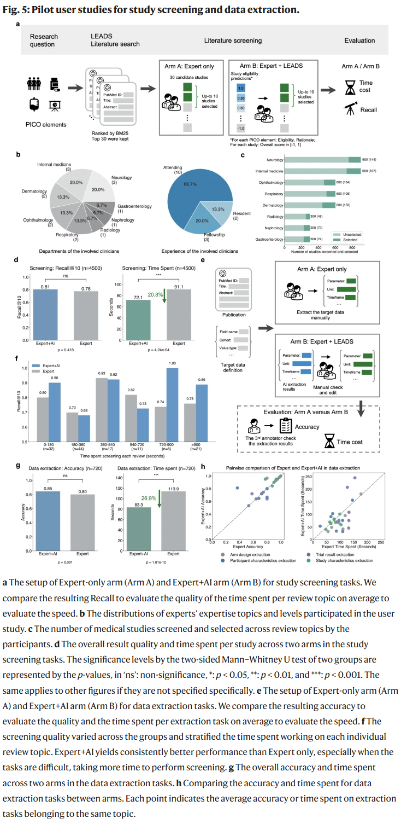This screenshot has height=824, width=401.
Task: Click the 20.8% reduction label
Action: [x=155, y=294]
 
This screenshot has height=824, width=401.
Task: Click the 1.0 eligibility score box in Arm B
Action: [x=241, y=88]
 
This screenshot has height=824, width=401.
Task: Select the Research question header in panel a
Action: [x=44, y=40]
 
